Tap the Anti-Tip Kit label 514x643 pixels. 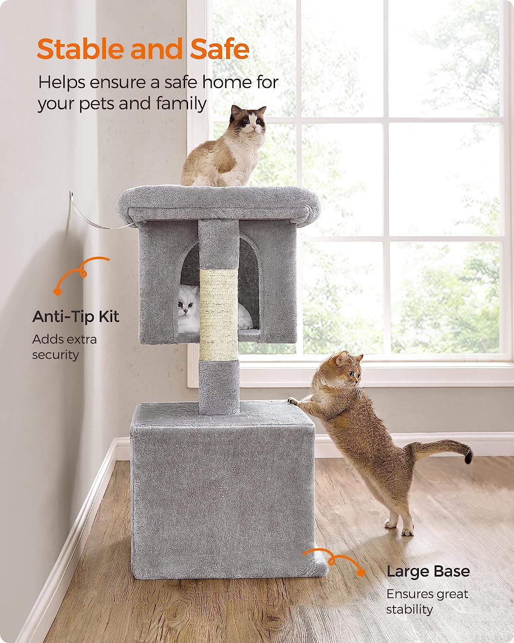pyautogui.click(x=76, y=317)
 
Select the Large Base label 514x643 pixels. pyautogui.click(x=428, y=571)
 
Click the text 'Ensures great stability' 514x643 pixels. pyautogui.click(x=427, y=601)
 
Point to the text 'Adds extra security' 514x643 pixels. pyautogui.click(x=64, y=347)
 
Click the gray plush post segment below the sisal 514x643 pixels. pyautogui.click(x=219, y=386)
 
